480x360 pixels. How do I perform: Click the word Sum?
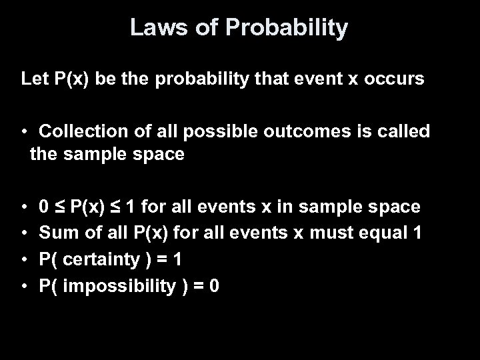pos(55,233)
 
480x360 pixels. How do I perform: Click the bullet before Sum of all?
pos(25,234)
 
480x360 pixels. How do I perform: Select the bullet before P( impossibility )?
pos(25,286)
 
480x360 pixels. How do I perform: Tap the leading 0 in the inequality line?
pos(43,207)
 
